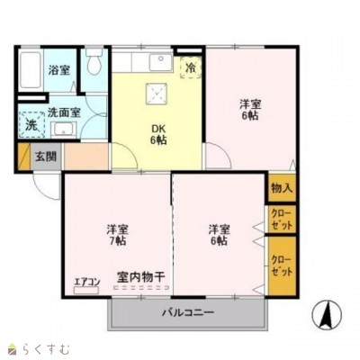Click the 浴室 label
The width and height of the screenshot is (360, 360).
click(59, 69)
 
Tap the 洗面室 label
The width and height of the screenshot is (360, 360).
click(64, 112)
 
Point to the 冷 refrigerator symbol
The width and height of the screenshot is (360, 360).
click(190, 67)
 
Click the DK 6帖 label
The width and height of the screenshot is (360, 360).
click(157, 133)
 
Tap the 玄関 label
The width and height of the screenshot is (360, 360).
click(46, 157)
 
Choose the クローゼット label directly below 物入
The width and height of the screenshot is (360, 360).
click(282, 219)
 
